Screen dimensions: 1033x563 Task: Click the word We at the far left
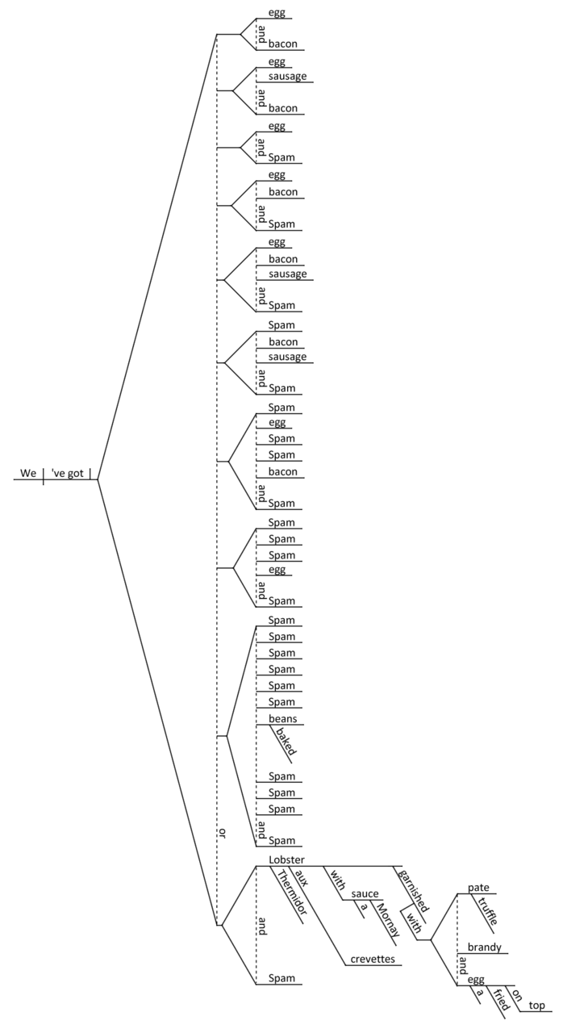coord(28,473)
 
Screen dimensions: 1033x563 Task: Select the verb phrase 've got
coord(69,473)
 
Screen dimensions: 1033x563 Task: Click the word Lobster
coord(287,860)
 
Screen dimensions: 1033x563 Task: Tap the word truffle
coord(487,911)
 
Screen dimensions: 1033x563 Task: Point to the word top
coord(537,1005)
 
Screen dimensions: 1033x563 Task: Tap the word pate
coord(478,888)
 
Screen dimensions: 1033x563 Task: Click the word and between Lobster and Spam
coord(261,928)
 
